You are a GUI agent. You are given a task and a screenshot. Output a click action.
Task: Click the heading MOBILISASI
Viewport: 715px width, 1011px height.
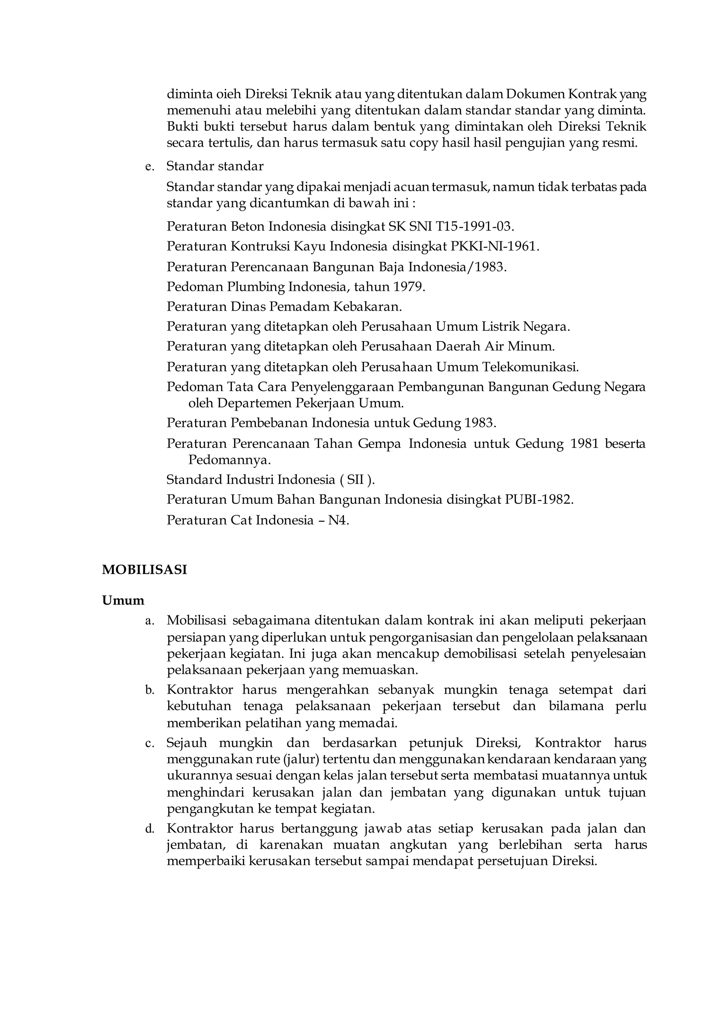pyautogui.click(x=145, y=569)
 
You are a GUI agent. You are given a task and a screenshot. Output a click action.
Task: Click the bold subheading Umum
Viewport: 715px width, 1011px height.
pyautogui.click(x=123, y=600)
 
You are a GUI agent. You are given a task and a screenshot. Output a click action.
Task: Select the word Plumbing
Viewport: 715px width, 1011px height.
pyautogui.click(x=256, y=287)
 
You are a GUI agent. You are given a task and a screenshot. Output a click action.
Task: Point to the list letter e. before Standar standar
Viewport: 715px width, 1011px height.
pyautogui.click(x=150, y=167)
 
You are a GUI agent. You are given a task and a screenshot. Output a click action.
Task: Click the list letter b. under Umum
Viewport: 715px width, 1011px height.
pyautogui.click(x=150, y=690)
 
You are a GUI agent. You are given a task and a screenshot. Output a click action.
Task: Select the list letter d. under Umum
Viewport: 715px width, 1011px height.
pyautogui.click(x=150, y=829)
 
